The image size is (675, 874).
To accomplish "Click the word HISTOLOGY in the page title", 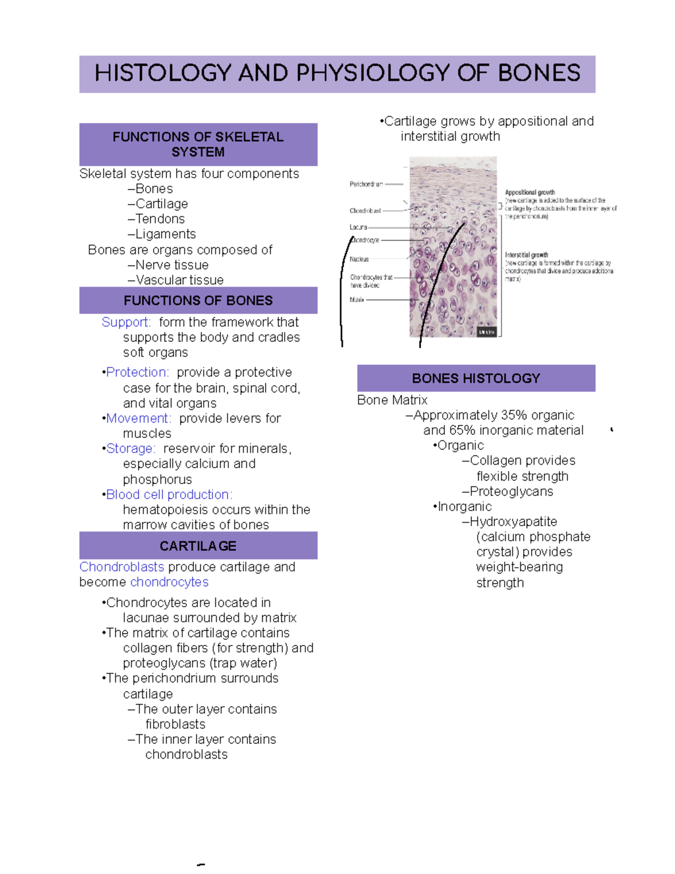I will point(163,73).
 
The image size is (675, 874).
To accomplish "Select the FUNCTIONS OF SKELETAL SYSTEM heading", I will point(198,144).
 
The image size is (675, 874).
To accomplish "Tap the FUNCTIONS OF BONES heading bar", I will point(198,301).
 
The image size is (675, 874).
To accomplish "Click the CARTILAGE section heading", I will point(198,546).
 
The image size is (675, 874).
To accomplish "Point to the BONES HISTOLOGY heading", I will point(476,378).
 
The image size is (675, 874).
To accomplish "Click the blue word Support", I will point(126,322).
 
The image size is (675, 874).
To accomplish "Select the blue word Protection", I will point(137,372).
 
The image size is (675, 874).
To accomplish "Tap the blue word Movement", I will point(138,418).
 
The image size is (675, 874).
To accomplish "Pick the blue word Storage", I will point(130,449).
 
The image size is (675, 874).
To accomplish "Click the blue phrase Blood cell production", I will point(169,494).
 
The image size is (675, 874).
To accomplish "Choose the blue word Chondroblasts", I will point(121,567).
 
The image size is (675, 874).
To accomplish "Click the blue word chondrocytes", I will point(169,582).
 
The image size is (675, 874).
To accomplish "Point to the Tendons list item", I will point(160,219).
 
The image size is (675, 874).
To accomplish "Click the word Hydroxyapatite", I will point(513,522).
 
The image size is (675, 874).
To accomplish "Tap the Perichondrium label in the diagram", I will point(366,184).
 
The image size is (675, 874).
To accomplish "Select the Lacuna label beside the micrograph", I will point(358,227).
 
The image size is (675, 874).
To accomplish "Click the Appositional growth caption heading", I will point(530,192).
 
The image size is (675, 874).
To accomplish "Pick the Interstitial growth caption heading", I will point(526,255).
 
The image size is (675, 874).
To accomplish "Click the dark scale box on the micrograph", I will point(486,332).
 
